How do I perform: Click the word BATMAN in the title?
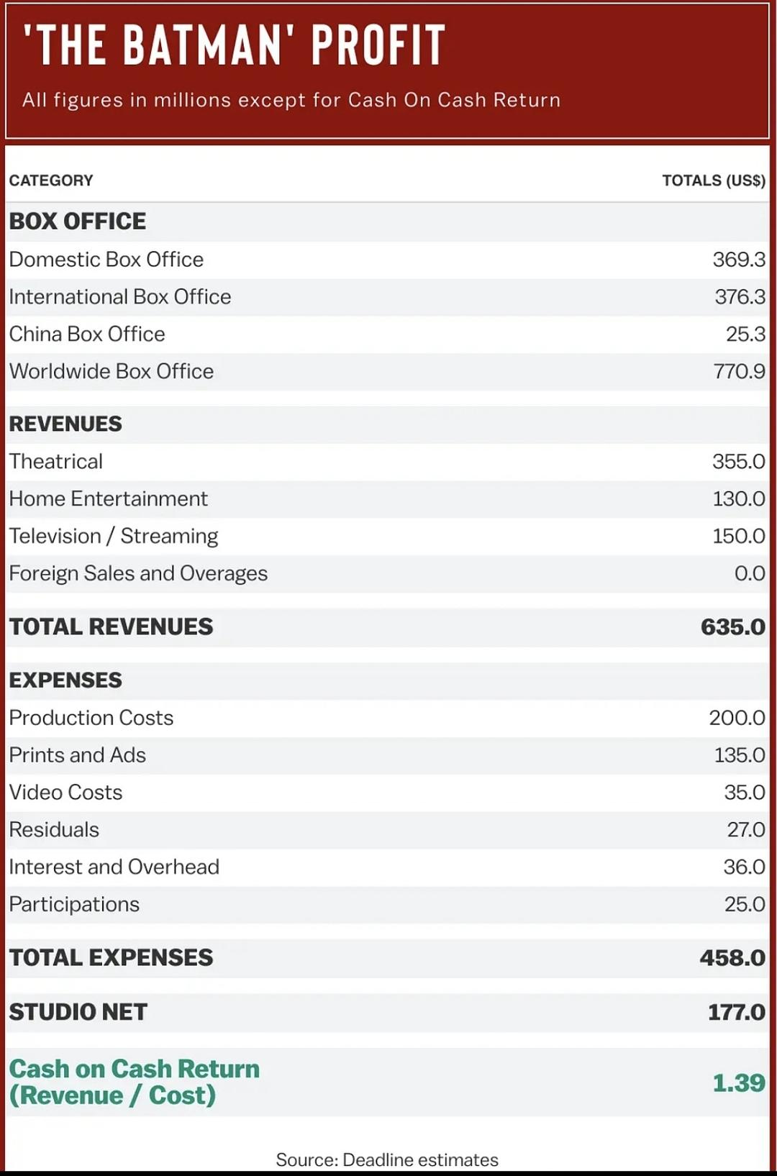tap(203, 45)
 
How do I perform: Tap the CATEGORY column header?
tap(51, 181)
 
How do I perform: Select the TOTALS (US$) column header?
tap(713, 181)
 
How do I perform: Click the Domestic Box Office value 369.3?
tap(738, 260)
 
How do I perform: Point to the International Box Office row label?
tap(120, 297)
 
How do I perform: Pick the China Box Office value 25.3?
tap(745, 334)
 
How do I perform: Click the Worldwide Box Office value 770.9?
tap(739, 372)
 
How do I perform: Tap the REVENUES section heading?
tap(65, 424)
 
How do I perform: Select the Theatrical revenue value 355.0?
tap(738, 462)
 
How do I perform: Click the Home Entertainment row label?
tap(108, 499)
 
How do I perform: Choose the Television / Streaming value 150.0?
tap(738, 537)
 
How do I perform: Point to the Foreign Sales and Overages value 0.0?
tap(750, 574)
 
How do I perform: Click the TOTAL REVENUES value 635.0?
tap(732, 627)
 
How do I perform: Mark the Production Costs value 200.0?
tap(737, 718)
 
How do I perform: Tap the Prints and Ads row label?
tap(77, 755)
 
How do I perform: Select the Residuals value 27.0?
tap(745, 830)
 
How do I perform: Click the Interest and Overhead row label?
tap(114, 867)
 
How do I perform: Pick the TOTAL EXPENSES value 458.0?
tap(732, 958)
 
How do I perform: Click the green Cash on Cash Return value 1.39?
tap(738, 1083)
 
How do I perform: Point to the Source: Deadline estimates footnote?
tap(387, 1160)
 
